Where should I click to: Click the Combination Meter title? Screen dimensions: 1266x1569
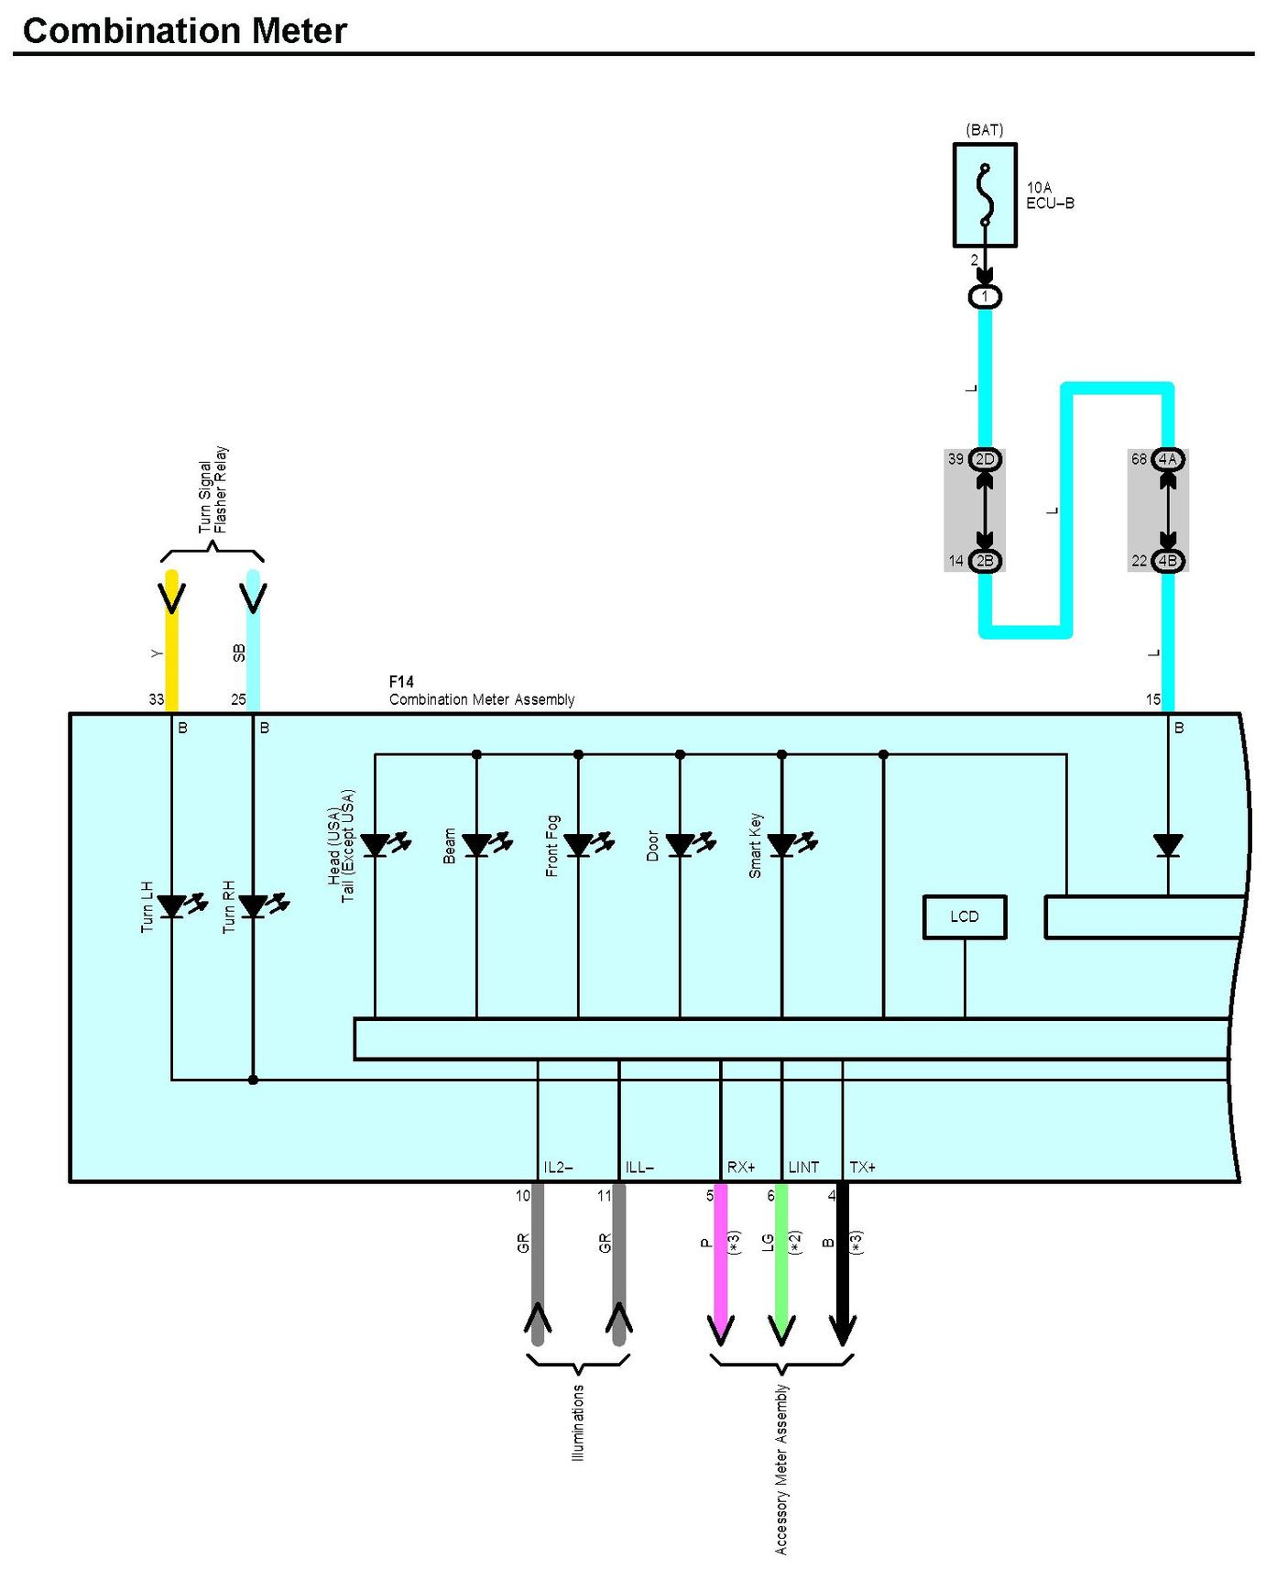184,31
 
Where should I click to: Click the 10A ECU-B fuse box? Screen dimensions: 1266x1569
985,194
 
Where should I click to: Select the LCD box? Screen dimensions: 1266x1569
965,916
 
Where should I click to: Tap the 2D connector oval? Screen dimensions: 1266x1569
985,459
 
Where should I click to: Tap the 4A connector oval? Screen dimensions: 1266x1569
1168,459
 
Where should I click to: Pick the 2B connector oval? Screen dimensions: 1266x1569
985,561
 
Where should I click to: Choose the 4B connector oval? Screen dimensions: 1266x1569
1168,561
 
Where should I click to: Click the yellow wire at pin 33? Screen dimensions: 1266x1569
171,641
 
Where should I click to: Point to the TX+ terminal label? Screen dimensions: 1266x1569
862,1167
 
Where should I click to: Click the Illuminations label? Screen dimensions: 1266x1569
578,1422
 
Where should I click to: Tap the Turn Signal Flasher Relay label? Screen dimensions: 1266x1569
213,490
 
